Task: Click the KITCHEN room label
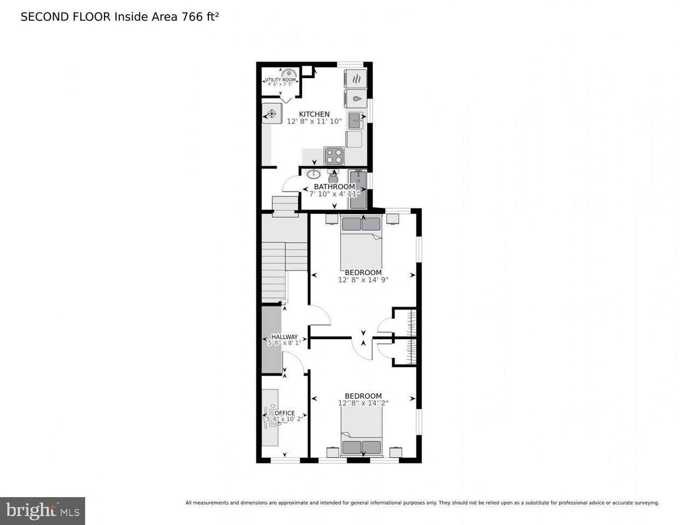(314, 114)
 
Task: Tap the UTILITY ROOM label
(281, 80)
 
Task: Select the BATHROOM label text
(334, 186)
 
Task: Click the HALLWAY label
(284, 337)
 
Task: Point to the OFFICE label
(284, 413)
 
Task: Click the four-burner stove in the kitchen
(334, 156)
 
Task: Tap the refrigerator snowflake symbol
(271, 114)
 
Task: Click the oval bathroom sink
(313, 174)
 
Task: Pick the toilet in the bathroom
(333, 177)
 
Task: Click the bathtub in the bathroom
(358, 189)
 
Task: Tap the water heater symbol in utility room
(289, 73)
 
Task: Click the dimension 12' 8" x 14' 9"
(363, 280)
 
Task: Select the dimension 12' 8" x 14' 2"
(363, 404)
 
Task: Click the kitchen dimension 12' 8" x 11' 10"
(314, 121)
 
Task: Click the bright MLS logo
(43, 511)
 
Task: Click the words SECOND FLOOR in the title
(65, 16)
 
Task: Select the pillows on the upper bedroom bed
(361, 223)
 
